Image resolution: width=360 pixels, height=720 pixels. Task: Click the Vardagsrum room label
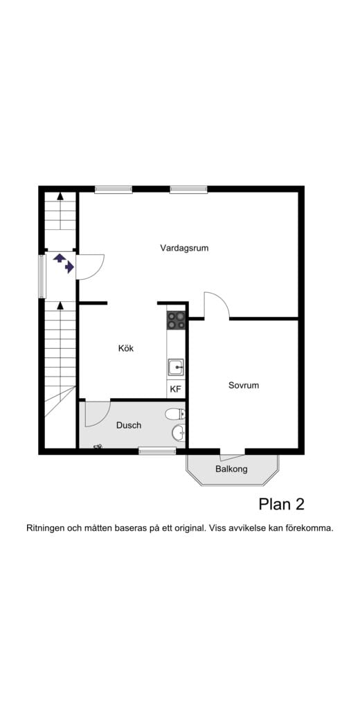[184, 248]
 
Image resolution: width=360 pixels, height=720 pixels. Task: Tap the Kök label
[125, 348]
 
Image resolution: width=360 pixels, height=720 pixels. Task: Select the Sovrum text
[244, 385]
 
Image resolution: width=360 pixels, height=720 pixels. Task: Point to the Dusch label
[129, 425]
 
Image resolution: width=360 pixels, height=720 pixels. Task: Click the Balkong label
[231, 469]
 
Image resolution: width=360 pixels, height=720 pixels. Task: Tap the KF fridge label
[176, 389]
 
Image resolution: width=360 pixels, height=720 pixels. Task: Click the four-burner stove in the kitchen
[176, 320]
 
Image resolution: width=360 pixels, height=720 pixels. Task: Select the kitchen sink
[176, 367]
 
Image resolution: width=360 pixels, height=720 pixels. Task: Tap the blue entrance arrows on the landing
[64, 263]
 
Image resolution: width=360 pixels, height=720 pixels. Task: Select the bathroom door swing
[97, 414]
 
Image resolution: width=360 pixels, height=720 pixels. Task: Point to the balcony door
[232, 455]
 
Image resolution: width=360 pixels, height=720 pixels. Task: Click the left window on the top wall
[114, 189]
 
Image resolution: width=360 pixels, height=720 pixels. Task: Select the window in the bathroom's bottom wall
[157, 451]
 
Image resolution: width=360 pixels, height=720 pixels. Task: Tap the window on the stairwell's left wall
[42, 276]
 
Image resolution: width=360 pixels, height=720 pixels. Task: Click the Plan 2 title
[281, 504]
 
